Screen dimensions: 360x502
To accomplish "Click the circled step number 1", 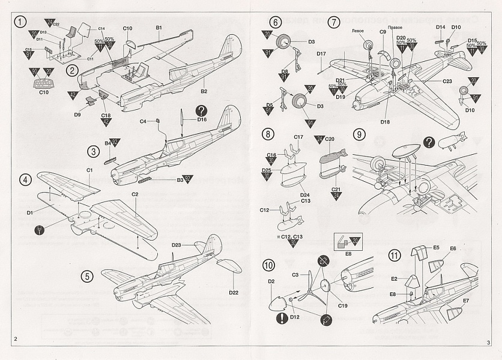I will pyautogui.click(x=21, y=22).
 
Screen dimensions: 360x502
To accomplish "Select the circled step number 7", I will pyautogui.click(x=334, y=22).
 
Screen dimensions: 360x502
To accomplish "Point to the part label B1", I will pyautogui.click(x=160, y=28).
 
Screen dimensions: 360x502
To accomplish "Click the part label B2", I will pyautogui.click(x=204, y=92).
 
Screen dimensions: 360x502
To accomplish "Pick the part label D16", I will pyautogui.click(x=202, y=119).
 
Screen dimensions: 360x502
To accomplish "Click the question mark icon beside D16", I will pyautogui.click(x=201, y=110).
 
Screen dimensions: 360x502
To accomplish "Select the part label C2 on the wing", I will pyautogui.click(x=135, y=194).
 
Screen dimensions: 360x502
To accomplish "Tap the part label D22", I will pyautogui.click(x=234, y=293).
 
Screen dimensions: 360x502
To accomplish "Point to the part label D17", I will pyautogui.click(x=321, y=54).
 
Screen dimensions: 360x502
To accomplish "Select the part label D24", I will pyautogui.click(x=305, y=194).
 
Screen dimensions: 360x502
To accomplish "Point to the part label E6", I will pyautogui.click(x=453, y=248).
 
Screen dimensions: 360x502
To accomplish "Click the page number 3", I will pyautogui.click(x=489, y=342).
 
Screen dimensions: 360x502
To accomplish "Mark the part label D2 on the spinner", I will pyautogui.click(x=271, y=281).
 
